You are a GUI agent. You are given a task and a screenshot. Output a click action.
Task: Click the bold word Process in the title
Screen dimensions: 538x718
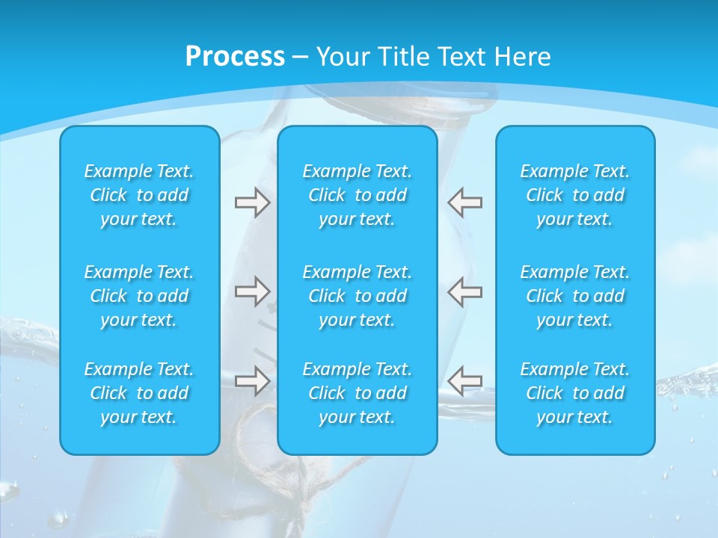[235, 57]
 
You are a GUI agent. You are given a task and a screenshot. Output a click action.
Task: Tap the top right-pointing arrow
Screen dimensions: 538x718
[252, 202]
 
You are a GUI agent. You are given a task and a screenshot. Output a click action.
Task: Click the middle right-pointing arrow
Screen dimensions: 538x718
[252, 291]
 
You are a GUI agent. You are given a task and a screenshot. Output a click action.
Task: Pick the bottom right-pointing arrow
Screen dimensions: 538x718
[252, 380]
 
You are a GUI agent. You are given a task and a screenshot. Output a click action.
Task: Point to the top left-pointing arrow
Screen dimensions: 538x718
[465, 202]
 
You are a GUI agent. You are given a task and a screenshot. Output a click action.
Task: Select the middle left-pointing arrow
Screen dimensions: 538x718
[465, 291]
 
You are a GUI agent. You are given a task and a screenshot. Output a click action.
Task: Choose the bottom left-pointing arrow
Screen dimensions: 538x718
[465, 380]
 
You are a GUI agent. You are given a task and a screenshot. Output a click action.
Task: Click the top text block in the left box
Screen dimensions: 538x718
[139, 195]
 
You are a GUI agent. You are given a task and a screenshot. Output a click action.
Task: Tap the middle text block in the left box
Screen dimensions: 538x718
[139, 296]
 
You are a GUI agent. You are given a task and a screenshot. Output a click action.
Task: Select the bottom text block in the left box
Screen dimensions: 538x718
[139, 393]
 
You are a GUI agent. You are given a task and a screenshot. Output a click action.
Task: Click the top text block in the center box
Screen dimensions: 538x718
[358, 195]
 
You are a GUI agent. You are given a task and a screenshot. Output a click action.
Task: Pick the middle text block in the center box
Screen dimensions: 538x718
[358, 296]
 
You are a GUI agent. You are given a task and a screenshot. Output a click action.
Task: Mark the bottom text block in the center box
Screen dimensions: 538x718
[358, 393]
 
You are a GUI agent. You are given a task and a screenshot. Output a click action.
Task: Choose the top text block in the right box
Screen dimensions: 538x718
[575, 195]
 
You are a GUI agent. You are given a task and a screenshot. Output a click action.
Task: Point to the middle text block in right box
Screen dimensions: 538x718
[575, 296]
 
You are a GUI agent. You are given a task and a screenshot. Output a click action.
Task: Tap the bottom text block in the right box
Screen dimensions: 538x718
[575, 393]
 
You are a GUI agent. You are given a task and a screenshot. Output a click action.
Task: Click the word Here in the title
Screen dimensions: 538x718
[523, 57]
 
